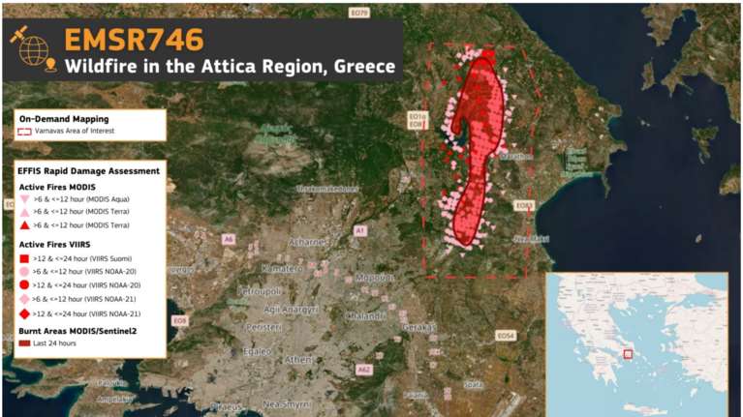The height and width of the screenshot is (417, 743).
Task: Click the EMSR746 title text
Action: [134, 39]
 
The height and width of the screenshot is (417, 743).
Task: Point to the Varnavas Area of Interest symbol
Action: [24, 130]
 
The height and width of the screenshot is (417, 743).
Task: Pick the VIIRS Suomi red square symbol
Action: [24, 259]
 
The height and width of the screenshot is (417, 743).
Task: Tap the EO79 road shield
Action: [360, 13]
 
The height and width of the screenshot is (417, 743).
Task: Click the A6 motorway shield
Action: [229, 238]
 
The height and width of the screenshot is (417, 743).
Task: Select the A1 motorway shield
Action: [359, 230]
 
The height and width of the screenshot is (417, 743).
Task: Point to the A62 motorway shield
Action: [364, 369]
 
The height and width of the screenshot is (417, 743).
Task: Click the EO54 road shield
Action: [506, 336]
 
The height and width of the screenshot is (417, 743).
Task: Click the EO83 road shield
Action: [524, 205]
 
